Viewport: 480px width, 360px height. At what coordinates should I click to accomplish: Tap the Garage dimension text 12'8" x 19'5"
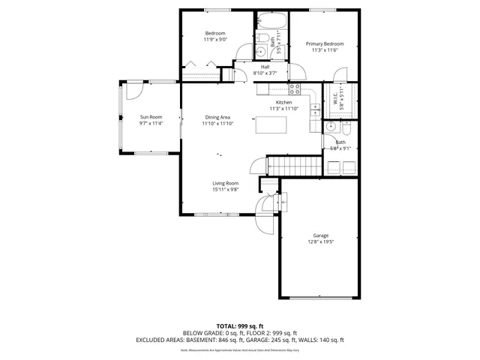click(320, 242)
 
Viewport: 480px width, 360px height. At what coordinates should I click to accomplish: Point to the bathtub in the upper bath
click(271, 20)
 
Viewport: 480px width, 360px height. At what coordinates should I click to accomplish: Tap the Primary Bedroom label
click(324, 44)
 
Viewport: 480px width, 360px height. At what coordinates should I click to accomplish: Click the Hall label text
click(265, 67)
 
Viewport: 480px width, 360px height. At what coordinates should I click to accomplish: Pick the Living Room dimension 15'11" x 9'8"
click(225, 190)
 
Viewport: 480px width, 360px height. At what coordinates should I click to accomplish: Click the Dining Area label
click(217, 117)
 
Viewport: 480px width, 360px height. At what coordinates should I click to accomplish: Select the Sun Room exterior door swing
click(133, 90)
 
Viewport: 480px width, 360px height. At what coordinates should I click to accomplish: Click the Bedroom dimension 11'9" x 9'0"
click(215, 40)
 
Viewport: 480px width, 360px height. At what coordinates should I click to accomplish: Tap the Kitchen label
click(283, 102)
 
